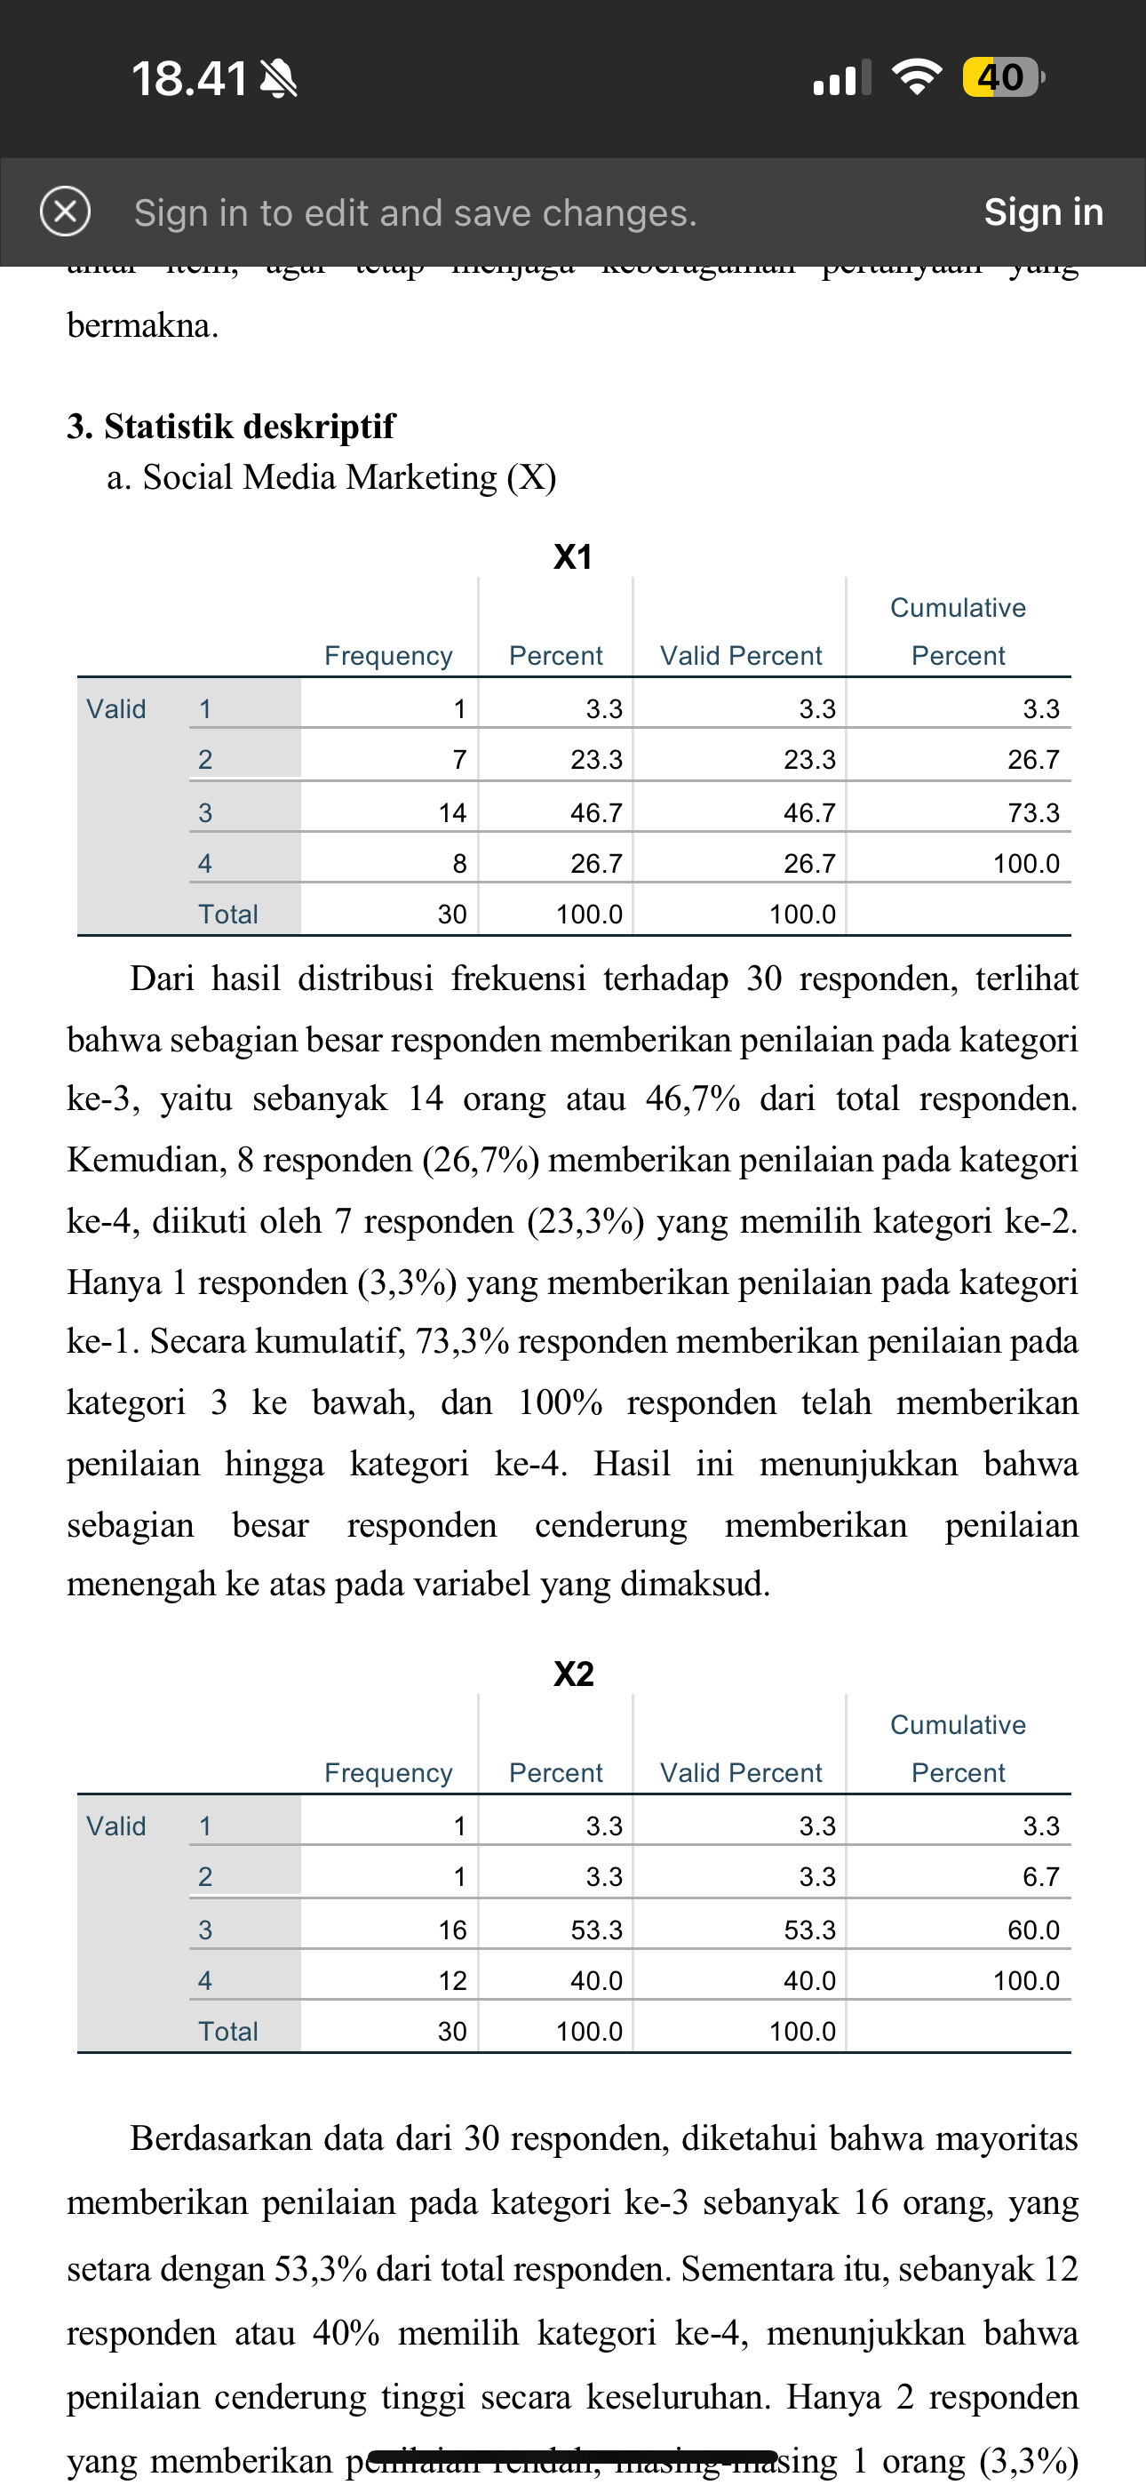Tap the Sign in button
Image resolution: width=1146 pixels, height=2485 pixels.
click(1043, 212)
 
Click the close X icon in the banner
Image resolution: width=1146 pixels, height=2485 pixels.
click(66, 212)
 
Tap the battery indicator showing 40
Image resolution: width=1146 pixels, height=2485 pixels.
click(1002, 77)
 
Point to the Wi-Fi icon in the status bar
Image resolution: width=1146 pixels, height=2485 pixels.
click(918, 77)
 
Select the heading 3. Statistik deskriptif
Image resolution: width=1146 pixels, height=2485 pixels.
click(231, 426)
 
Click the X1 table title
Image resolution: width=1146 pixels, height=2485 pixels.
click(573, 556)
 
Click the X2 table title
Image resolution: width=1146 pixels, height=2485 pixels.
click(573, 1674)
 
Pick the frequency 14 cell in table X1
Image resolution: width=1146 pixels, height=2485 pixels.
click(452, 812)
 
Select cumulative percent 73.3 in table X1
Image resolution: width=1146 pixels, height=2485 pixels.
click(1033, 812)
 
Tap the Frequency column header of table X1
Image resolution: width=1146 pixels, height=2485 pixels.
click(388, 656)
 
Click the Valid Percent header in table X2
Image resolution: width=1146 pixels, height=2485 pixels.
click(741, 1772)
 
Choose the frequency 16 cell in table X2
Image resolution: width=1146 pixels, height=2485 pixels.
click(452, 1930)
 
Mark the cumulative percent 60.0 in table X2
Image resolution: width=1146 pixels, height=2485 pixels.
click(1033, 1930)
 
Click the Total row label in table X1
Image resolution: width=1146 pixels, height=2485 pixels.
click(227, 914)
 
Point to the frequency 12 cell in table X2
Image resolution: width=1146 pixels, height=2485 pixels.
click(452, 1980)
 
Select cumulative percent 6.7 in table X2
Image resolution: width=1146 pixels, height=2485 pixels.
click(1041, 1876)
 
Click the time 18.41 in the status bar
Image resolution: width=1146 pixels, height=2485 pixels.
click(190, 79)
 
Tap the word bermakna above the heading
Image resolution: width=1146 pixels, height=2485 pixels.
click(143, 326)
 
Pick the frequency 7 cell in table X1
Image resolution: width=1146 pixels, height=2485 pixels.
click(460, 759)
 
